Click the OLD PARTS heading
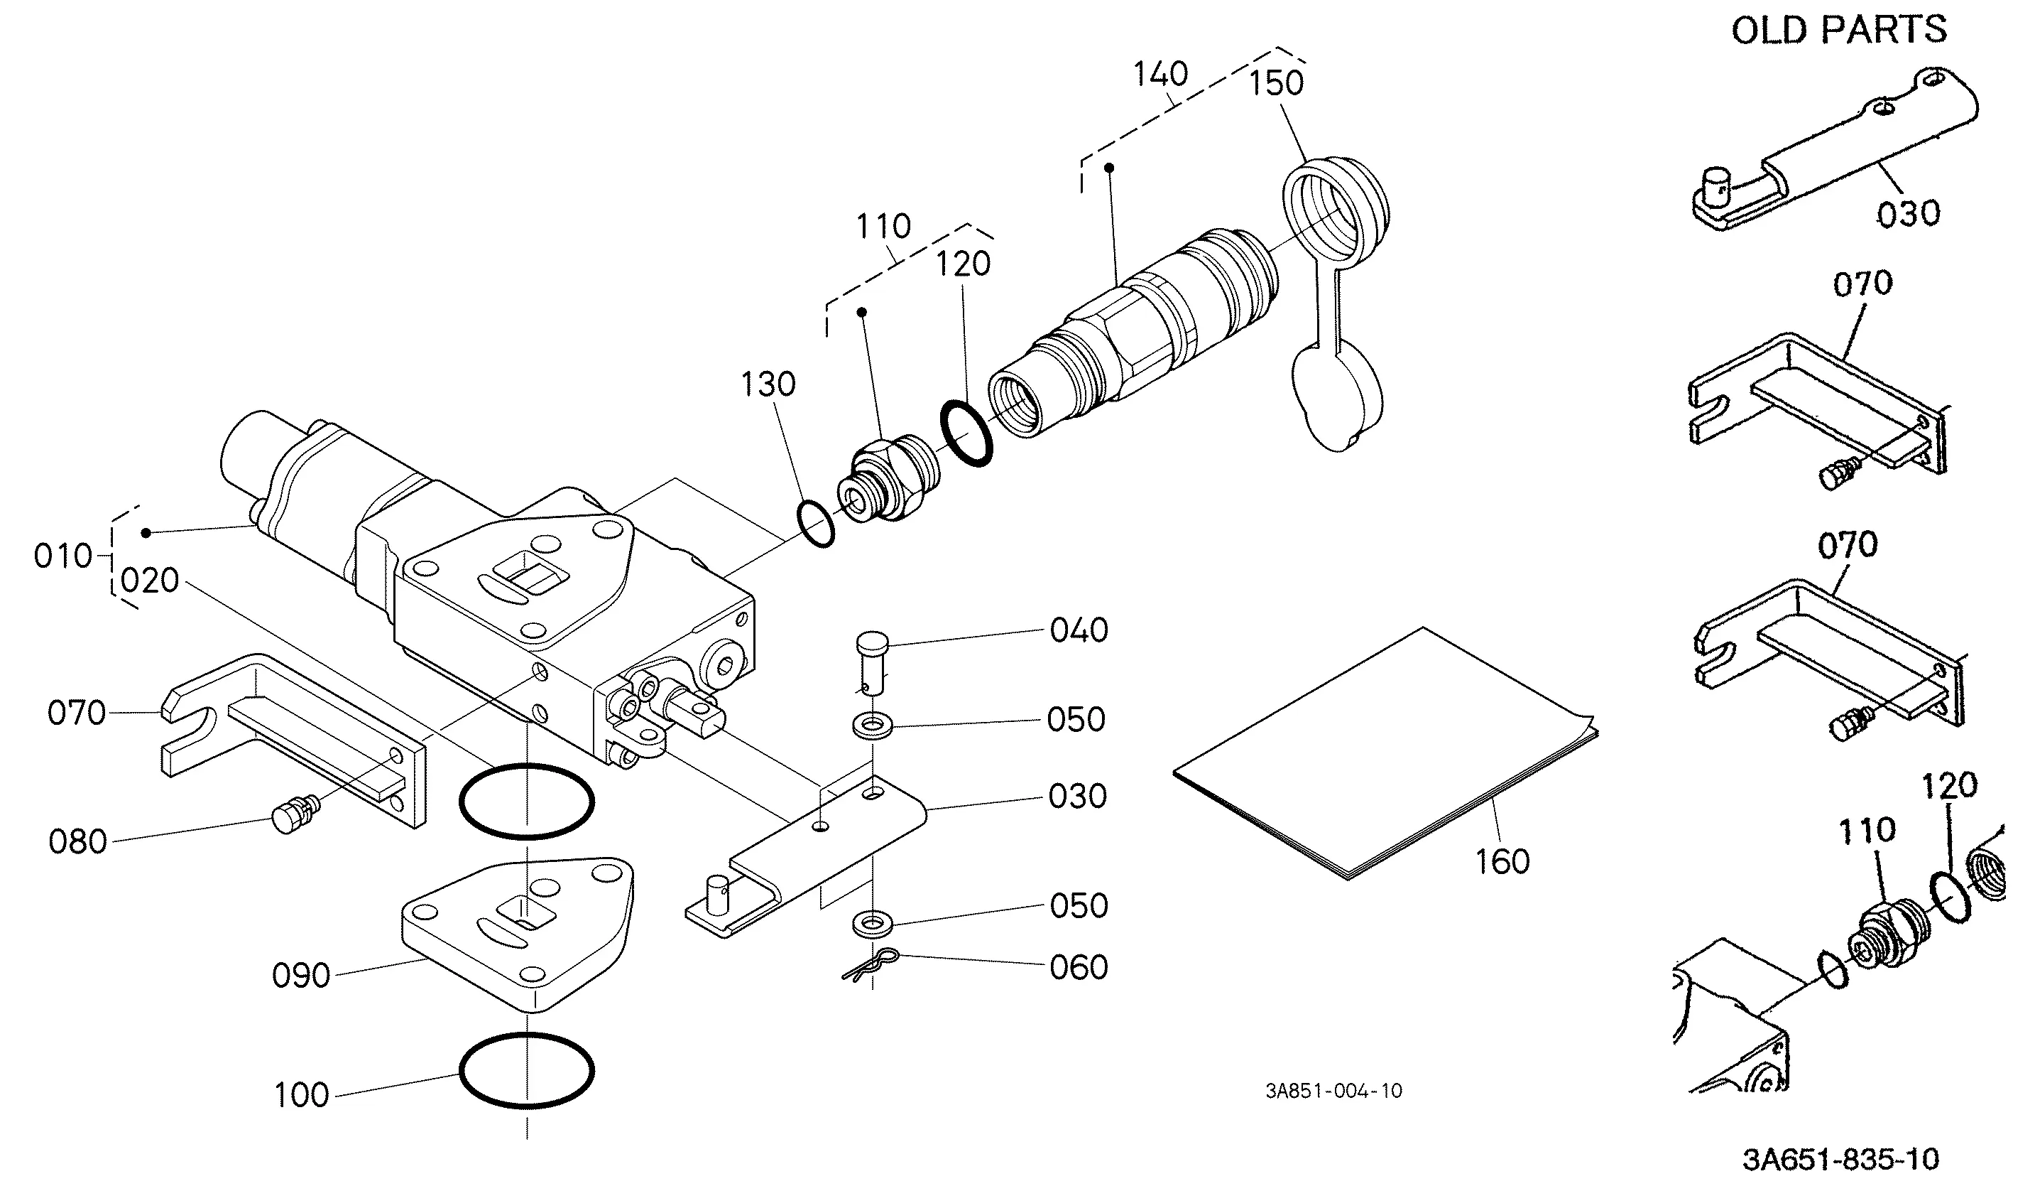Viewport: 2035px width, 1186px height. point(1839,30)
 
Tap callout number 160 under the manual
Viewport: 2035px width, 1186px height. point(1503,862)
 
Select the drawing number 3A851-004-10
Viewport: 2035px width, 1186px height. point(1334,1091)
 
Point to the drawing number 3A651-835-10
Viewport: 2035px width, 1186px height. point(1841,1158)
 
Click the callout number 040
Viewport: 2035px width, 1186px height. point(1079,630)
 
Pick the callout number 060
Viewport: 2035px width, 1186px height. point(1079,967)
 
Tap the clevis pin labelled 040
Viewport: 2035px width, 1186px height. point(872,663)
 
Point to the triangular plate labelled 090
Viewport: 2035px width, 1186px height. point(518,932)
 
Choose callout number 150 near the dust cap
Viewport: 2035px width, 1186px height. point(1277,83)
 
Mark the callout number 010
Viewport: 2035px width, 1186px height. point(63,556)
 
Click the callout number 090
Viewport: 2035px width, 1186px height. point(301,975)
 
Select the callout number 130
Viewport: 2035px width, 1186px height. point(768,384)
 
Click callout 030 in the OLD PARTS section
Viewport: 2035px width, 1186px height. point(1908,214)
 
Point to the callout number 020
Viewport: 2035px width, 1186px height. point(149,580)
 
